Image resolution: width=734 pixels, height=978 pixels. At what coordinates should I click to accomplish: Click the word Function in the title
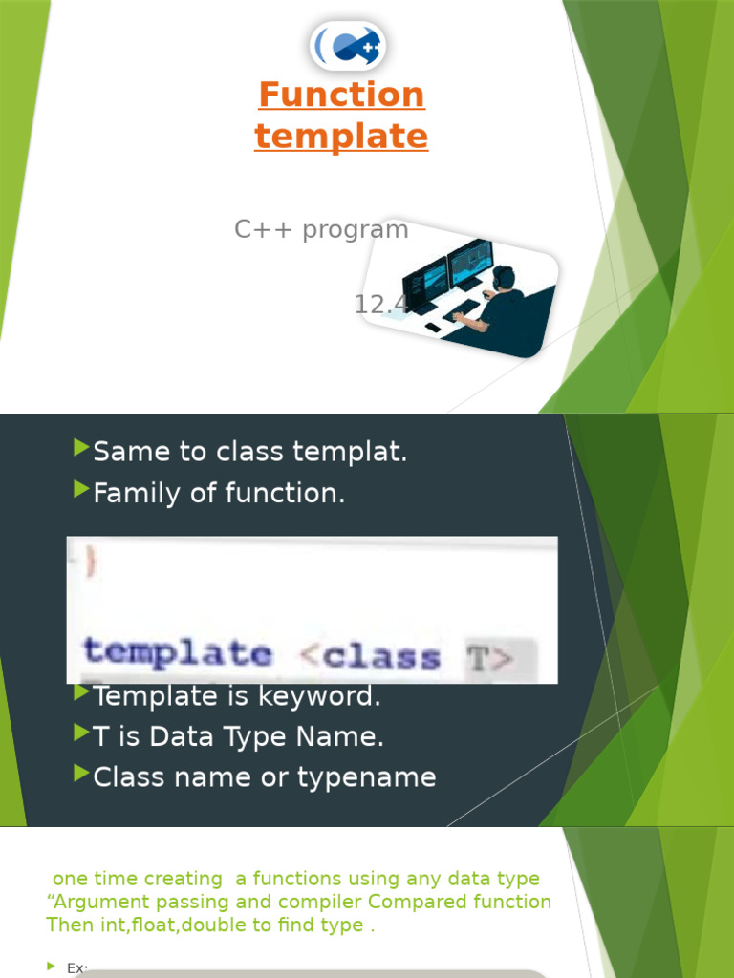tap(341, 95)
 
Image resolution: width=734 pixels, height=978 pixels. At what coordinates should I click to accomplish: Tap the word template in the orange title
tap(341, 137)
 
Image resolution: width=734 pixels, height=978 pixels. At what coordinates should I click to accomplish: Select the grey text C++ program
tap(321, 229)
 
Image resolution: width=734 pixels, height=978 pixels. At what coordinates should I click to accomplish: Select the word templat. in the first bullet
tap(365, 453)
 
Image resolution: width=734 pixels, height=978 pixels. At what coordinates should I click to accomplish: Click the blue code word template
tap(178, 652)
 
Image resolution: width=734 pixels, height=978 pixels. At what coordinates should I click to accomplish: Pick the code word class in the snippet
tap(381, 656)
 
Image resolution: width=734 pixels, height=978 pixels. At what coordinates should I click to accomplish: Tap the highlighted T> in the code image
tap(490, 657)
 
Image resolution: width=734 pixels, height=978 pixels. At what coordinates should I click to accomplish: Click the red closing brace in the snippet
tap(91, 561)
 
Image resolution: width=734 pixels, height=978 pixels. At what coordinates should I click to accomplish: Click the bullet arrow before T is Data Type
tap(81, 734)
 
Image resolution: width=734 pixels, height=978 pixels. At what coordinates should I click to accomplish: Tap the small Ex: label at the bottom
tap(77, 968)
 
